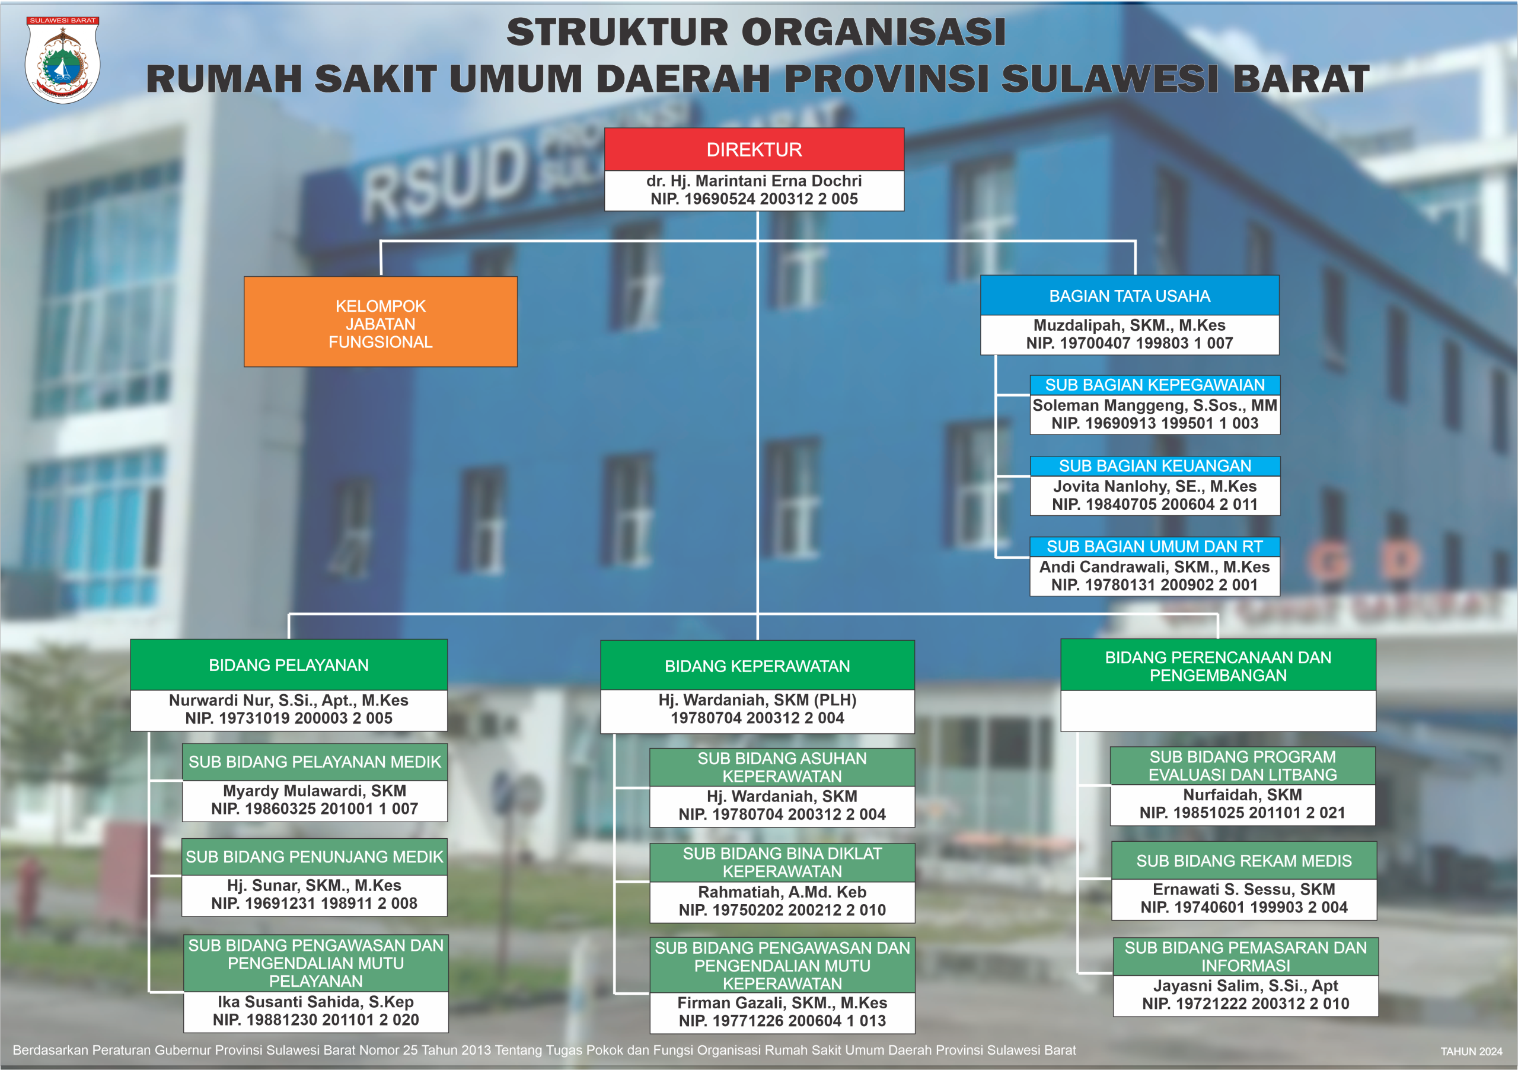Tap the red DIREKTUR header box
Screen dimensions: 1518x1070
[754, 149]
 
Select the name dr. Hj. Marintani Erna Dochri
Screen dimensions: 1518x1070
[754, 181]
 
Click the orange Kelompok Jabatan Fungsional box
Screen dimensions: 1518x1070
[380, 322]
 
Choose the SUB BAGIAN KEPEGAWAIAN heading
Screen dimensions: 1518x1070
[1155, 385]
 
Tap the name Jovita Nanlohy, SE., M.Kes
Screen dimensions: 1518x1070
[1155, 487]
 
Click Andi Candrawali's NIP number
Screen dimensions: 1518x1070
[1155, 585]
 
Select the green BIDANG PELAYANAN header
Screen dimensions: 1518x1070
[289, 665]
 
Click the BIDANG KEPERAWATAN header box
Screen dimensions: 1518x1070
[757, 666]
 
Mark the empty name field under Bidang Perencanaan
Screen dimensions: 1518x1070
[1218, 711]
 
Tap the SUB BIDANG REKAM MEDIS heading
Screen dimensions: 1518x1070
[1243, 861]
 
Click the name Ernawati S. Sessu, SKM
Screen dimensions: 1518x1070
[1243, 890]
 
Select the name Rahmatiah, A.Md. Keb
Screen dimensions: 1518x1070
[782, 892]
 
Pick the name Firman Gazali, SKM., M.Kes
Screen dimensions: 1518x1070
[782, 1003]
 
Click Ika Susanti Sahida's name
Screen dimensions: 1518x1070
[315, 1002]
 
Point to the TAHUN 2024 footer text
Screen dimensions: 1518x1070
[1471, 1052]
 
